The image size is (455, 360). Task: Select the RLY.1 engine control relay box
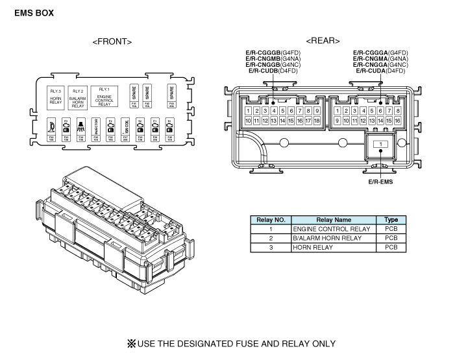click(104, 95)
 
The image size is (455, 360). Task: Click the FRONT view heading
click(112, 42)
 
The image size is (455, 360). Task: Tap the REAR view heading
click(322, 41)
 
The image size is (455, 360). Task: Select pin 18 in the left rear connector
click(317, 121)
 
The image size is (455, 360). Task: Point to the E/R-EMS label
click(380, 182)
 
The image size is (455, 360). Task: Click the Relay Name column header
click(333, 220)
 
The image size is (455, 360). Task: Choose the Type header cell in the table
click(391, 220)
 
